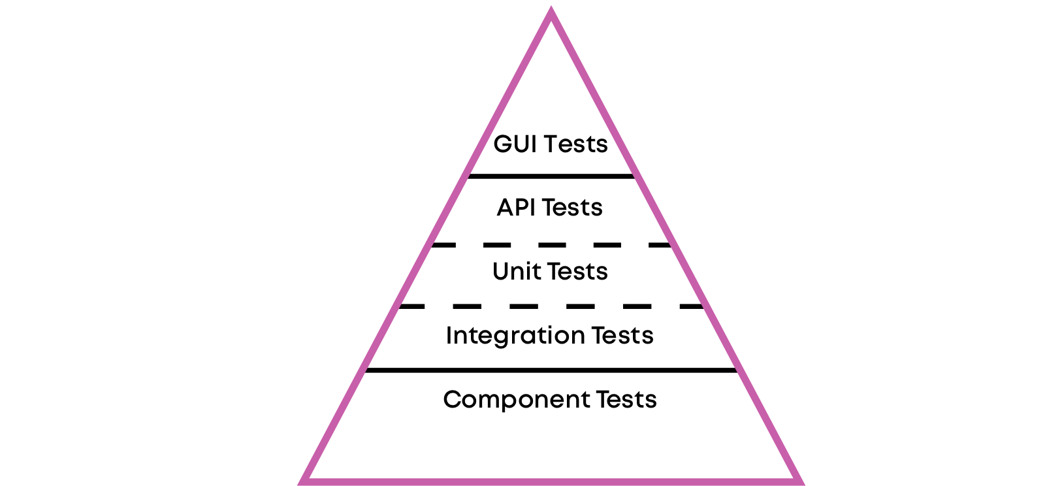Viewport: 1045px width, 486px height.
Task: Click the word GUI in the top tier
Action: pyautogui.click(x=515, y=144)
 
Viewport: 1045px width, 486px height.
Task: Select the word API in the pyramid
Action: pyautogui.click(x=515, y=208)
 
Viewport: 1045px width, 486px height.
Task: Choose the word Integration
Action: pyautogui.click(x=515, y=336)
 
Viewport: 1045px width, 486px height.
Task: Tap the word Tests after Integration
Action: pyautogui.click(x=622, y=335)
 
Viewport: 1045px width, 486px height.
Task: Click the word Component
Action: pyautogui.click(x=517, y=400)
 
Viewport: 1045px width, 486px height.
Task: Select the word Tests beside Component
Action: pyautogui.click(x=626, y=399)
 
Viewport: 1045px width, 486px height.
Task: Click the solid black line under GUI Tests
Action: pyautogui.click(x=551, y=176)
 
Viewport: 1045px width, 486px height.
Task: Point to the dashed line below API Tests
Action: pyautogui.click(x=551, y=245)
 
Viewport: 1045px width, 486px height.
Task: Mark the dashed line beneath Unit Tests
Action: pyautogui.click(x=551, y=306)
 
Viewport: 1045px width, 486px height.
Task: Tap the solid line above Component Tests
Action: pyautogui.click(x=551, y=370)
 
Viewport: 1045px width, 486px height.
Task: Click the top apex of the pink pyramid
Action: pyautogui.click(x=551, y=7)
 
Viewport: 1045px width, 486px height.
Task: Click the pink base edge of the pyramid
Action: pyautogui.click(x=551, y=482)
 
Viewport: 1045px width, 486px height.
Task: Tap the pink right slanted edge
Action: pyautogui.click(x=676, y=245)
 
